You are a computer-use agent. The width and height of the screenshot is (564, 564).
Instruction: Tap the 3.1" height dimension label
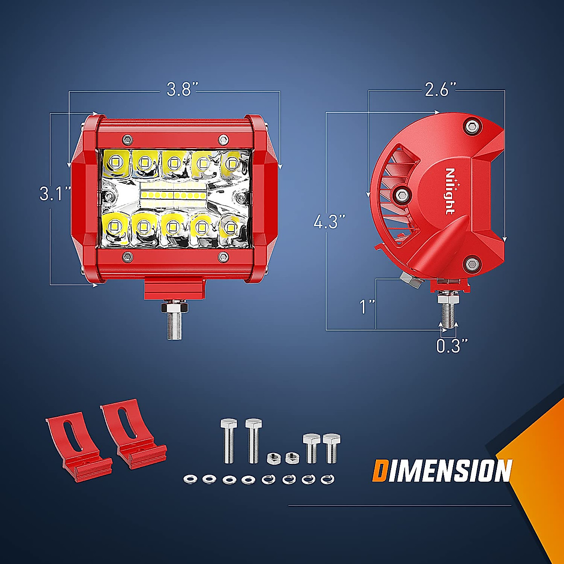coord(55,194)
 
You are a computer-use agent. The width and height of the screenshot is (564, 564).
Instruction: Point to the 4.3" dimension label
coord(329,221)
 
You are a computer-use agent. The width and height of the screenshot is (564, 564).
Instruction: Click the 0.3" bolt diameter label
coord(452,345)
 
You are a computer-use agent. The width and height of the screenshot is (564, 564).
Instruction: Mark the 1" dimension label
coord(367,307)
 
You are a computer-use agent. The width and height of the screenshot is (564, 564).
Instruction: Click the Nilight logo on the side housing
coord(450,191)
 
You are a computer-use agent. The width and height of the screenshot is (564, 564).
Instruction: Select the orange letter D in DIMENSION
coord(380,470)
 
